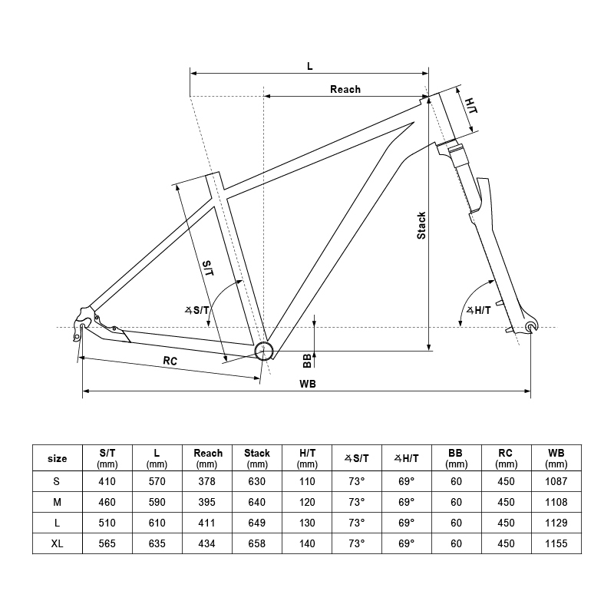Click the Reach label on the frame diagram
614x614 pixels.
click(x=345, y=89)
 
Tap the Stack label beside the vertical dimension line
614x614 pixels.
click(x=421, y=225)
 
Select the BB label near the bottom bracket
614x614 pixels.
click(x=306, y=360)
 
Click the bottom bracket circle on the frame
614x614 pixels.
click(x=263, y=351)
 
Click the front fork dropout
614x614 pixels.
click(x=530, y=328)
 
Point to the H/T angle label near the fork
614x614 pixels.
click(x=479, y=310)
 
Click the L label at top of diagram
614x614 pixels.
click(x=309, y=66)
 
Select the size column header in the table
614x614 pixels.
click(x=58, y=459)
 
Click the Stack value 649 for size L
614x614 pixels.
click(x=256, y=523)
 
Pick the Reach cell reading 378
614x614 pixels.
click(x=206, y=481)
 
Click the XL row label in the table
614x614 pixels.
click(x=58, y=544)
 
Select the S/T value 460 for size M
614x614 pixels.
click(x=107, y=503)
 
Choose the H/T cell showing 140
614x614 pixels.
click(x=307, y=544)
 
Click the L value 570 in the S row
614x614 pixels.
click(x=157, y=481)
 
